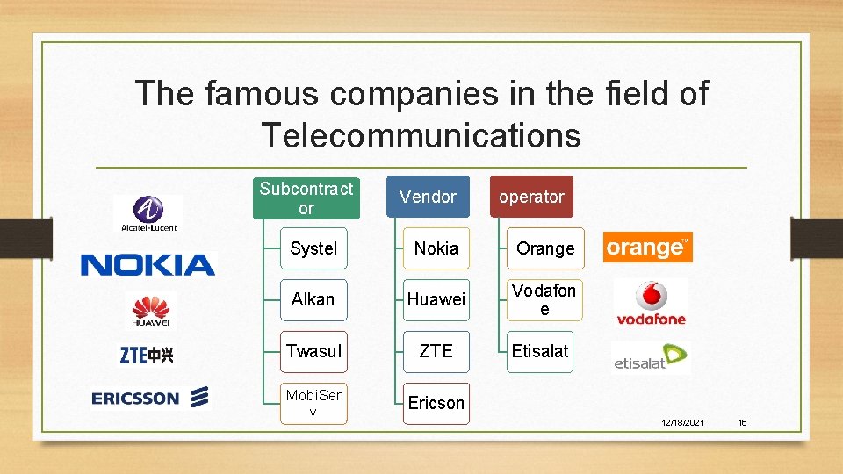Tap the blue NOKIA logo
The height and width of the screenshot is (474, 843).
click(x=148, y=264)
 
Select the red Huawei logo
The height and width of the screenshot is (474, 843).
click(x=151, y=311)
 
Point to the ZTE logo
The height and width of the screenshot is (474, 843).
click(x=147, y=355)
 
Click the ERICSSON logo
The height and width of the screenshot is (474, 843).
click(x=150, y=398)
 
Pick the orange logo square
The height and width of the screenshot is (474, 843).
click(x=647, y=248)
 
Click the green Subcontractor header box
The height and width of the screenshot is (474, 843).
click(x=306, y=198)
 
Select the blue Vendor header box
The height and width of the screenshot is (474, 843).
click(x=428, y=197)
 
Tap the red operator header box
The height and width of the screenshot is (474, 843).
click(x=531, y=197)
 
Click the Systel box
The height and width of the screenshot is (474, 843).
click(x=313, y=248)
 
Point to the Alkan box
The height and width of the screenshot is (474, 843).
click(x=313, y=300)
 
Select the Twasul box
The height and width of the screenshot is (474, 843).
click(x=313, y=351)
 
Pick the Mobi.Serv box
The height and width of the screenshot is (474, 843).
click(x=313, y=403)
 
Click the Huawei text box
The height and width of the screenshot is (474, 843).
click(x=436, y=300)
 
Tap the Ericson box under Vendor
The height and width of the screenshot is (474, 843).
click(x=436, y=403)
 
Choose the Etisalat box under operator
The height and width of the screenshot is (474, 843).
click(x=541, y=351)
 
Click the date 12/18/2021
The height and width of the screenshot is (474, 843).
click(x=682, y=423)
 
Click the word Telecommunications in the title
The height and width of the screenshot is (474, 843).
click(x=421, y=136)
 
